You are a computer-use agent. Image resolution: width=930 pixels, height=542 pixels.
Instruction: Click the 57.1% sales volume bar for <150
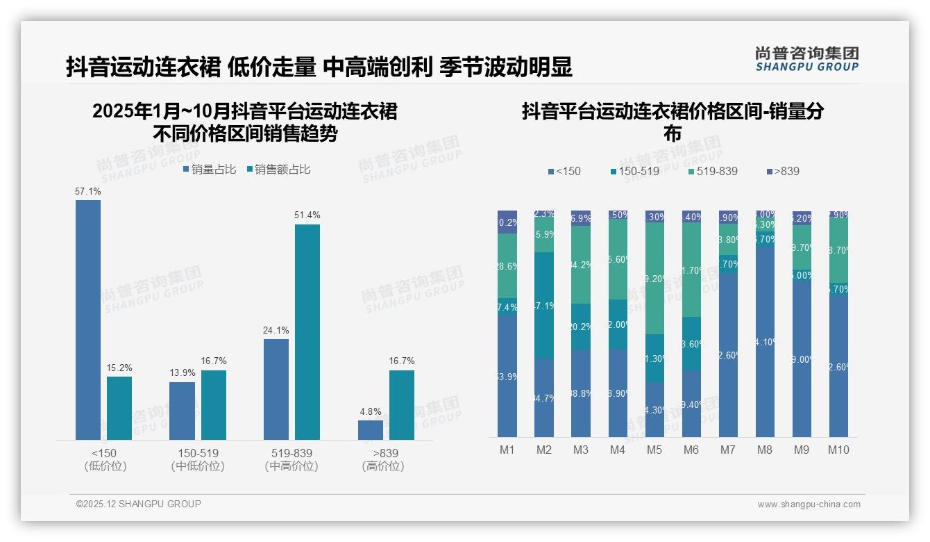coord(88,320)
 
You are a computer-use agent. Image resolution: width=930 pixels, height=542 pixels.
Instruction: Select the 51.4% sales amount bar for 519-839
coord(307,332)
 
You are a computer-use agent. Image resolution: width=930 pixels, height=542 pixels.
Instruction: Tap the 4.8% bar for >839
coord(371,430)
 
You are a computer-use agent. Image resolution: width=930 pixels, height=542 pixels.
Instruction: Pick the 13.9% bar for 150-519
coord(182,411)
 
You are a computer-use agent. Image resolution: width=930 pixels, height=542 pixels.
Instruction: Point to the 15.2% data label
coord(119,368)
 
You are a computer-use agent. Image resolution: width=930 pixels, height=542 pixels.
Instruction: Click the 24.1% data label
coord(276,330)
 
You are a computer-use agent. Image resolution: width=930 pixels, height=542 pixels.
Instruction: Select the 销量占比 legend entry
coord(210,169)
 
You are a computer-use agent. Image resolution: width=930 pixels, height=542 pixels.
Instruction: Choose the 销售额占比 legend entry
coord(278,169)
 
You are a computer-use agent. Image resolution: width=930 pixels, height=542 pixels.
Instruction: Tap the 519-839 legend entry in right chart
coord(713,171)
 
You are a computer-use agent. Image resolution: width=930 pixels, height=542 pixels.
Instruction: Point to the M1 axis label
coord(507,450)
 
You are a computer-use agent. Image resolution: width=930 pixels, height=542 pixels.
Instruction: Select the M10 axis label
coord(838,450)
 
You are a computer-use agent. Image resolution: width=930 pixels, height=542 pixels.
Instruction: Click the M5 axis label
coord(654,450)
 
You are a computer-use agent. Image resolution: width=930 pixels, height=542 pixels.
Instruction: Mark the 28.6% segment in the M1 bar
coord(507,266)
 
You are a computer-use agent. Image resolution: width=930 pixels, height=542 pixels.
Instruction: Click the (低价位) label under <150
coord(105,466)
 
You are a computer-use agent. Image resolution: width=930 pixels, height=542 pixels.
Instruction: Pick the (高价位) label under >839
coord(383,466)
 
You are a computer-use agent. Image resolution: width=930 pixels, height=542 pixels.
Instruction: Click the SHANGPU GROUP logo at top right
coord(806,59)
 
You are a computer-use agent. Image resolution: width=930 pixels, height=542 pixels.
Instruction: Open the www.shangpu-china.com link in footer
coord(809,504)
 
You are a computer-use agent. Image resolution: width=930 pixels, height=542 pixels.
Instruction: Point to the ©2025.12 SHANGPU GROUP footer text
coord(139,504)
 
